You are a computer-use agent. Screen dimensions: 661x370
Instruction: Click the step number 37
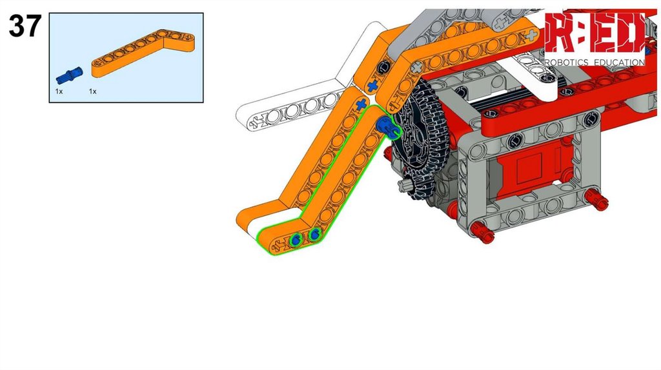point(25,26)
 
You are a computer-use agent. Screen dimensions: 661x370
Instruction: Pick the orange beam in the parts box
point(143,54)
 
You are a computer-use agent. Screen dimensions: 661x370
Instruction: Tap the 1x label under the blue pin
point(59,92)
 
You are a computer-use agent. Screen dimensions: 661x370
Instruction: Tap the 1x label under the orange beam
point(93,92)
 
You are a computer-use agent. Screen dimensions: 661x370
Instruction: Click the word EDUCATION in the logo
point(619,63)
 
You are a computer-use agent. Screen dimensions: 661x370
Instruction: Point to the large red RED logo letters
point(595,32)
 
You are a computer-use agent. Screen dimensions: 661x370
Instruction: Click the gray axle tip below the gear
point(404,185)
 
